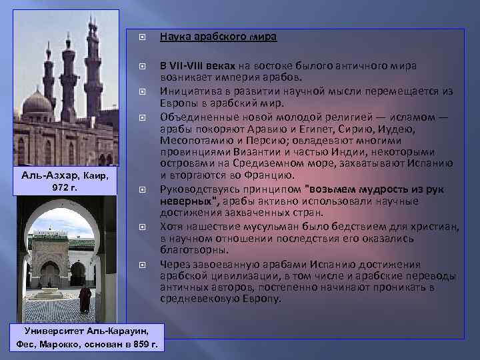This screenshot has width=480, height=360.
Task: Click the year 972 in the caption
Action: (x=61, y=187)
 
